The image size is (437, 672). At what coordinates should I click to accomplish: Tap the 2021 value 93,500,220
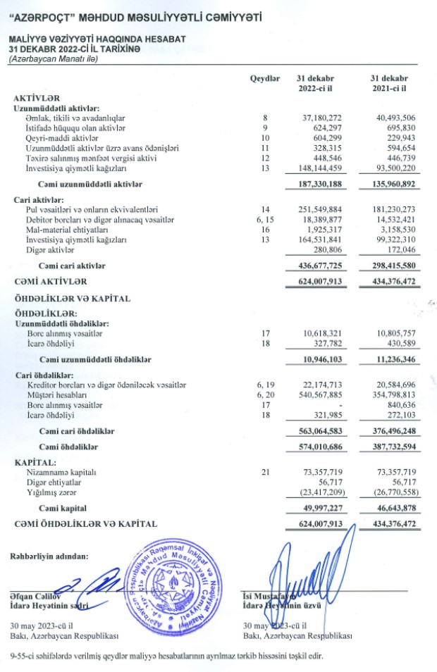(x=392, y=169)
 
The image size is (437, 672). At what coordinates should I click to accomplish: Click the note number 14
(x=266, y=210)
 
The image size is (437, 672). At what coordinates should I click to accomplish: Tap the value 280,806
(x=326, y=250)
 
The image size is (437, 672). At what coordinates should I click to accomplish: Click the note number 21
(x=266, y=471)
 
